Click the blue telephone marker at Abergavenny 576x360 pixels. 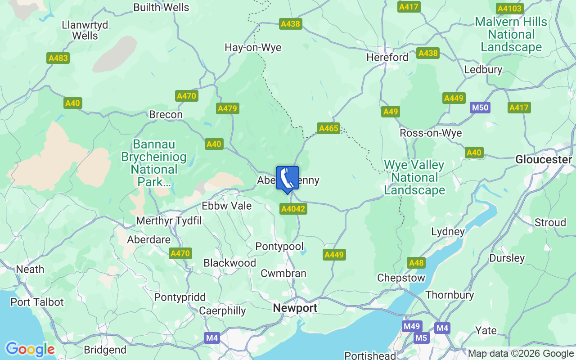[x=287, y=179]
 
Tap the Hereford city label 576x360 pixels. [x=387, y=58]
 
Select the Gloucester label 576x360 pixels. [x=544, y=160]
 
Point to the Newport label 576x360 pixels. [x=295, y=308]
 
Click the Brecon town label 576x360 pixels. [x=166, y=115]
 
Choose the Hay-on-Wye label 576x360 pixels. [x=253, y=48]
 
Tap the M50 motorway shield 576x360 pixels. [x=480, y=108]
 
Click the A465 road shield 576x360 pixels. [x=328, y=128]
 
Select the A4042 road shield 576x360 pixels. [x=293, y=209]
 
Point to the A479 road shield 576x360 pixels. [x=228, y=108]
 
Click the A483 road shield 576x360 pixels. [x=58, y=58]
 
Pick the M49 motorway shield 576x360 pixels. [x=412, y=326]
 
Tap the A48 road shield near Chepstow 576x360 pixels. [x=416, y=263]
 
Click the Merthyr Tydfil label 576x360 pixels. [x=169, y=221]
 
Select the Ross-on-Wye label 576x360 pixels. [x=431, y=134]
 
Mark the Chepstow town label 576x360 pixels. [x=401, y=278]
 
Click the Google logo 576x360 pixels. [x=30, y=349]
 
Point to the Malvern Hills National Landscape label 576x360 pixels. [x=511, y=34]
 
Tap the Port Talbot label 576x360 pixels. [x=37, y=302]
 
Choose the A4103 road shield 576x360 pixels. [x=509, y=9]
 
